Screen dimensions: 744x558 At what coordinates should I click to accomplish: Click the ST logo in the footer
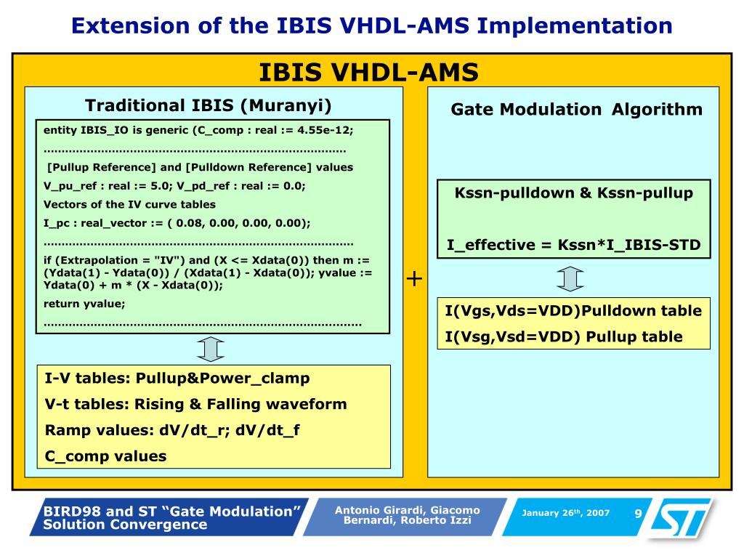coord(678,518)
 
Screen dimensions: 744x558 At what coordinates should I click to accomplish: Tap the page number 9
coord(638,514)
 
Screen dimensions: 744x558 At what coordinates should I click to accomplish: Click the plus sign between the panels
coord(414,278)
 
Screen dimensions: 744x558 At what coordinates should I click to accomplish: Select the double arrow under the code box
coord(211,349)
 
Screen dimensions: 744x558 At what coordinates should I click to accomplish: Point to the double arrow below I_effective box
coord(570,278)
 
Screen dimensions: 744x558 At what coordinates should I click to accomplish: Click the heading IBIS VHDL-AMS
coord(369,73)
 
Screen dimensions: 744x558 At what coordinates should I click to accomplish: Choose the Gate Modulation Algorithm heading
coord(576,110)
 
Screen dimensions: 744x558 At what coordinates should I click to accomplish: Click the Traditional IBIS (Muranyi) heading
coord(209,105)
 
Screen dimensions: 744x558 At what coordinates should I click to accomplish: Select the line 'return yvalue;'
coord(84,304)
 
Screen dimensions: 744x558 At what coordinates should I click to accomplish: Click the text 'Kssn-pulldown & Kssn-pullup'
coord(573,193)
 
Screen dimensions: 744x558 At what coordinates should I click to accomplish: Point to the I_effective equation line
coord(573,245)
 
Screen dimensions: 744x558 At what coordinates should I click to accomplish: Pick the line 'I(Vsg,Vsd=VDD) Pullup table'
coord(564,336)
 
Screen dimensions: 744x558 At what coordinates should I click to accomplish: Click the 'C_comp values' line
coord(105,456)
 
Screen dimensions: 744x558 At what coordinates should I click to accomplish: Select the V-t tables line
coord(195,404)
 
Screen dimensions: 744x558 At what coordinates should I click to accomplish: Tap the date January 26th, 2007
coord(565,513)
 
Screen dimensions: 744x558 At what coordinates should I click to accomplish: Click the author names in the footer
coord(407,515)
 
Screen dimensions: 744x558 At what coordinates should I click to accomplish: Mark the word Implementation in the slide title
coord(574,26)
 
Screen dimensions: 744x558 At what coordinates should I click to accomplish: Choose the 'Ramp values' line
coord(172,430)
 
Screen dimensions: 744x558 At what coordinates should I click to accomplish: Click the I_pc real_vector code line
coord(177,223)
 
